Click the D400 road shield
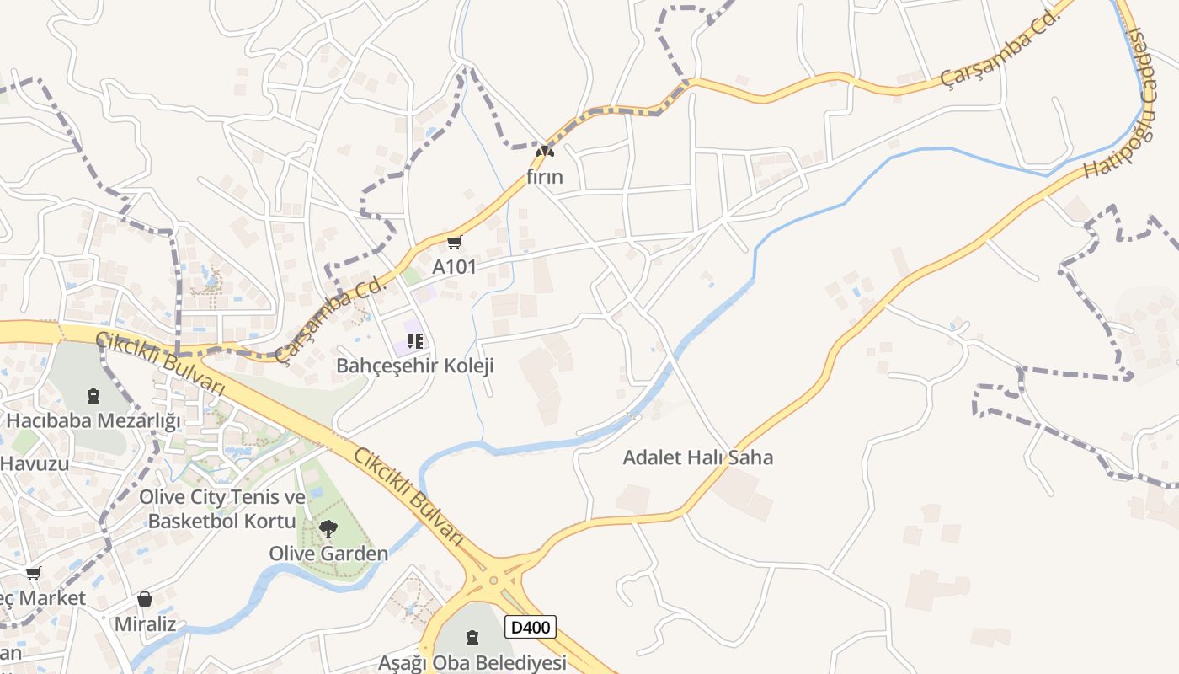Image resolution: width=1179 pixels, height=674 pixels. pyautogui.click(x=531, y=627)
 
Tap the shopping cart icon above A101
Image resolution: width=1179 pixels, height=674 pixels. pyautogui.click(x=455, y=243)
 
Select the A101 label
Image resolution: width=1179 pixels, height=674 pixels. pyautogui.click(x=455, y=267)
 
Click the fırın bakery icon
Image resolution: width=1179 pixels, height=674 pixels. pyautogui.click(x=545, y=152)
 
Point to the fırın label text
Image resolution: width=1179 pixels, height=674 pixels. pyautogui.click(x=545, y=177)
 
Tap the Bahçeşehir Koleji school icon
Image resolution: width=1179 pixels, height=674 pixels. pyautogui.click(x=414, y=341)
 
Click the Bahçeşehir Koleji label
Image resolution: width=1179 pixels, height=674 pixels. pyautogui.click(x=414, y=366)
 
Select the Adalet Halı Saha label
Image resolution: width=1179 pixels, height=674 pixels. pyautogui.click(x=697, y=457)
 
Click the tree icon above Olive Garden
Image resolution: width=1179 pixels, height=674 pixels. pyautogui.click(x=328, y=529)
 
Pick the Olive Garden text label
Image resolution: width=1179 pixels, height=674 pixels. pyautogui.click(x=328, y=554)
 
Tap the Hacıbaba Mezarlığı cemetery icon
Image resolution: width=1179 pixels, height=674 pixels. pyautogui.click(x=93, y=395)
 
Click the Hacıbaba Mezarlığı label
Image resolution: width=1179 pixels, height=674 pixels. pyautogui.click(x=93, y=420)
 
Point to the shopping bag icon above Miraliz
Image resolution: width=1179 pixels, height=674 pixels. pyautogui.click(x=145, y=599)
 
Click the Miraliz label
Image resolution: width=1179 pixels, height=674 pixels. pyautogui.click(x=146, y=624)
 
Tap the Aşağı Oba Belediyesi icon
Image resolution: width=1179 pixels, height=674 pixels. pyautogui.click(x=472, y=638)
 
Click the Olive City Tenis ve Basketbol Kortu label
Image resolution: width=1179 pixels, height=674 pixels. pyautogui.click(x=222, y=509)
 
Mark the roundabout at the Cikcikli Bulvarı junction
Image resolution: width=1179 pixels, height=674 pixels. pyautogui.click(x=493, y=580)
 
